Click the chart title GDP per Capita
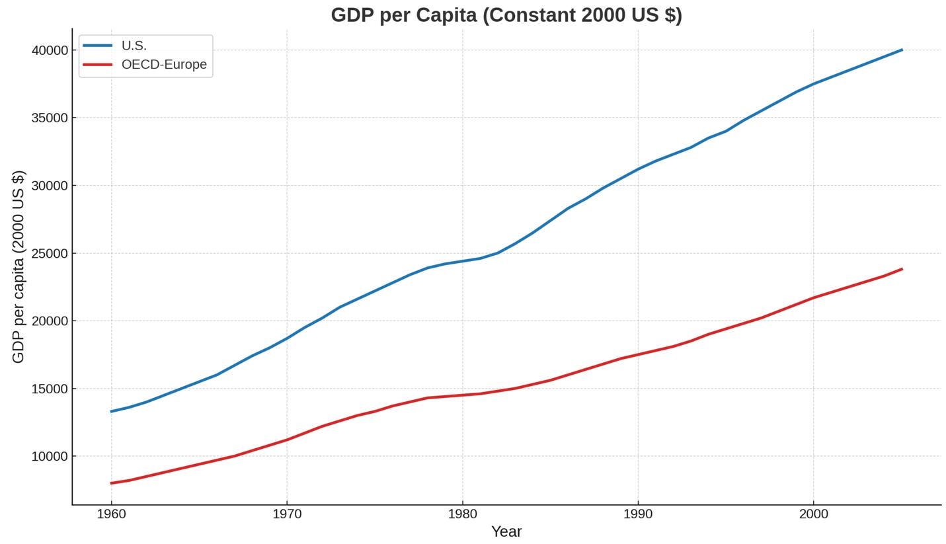tap(506, 15)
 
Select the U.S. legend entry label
tap(134, 46)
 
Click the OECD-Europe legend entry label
tap(164, 65)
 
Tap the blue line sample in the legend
tap(97, 46)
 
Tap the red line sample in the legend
tap(97, 65)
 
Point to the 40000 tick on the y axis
tap(50, 50)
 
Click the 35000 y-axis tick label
tap(50, 118)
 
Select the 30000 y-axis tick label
tap(50, 186)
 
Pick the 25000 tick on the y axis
tap(50, 254)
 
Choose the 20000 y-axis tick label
tap(50, 321)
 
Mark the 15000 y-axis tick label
tap(50, 389)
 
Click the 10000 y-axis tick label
tap(50, 457)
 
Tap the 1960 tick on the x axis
tap(111, 514)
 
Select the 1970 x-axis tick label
tap(287, 514)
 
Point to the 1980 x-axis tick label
tap(462, 514)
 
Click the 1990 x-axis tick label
tap(638, 514)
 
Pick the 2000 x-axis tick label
tap(813, 514)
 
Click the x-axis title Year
tap(506, 531)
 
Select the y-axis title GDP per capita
tap(19, 266)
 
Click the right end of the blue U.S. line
tap(901, 50)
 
